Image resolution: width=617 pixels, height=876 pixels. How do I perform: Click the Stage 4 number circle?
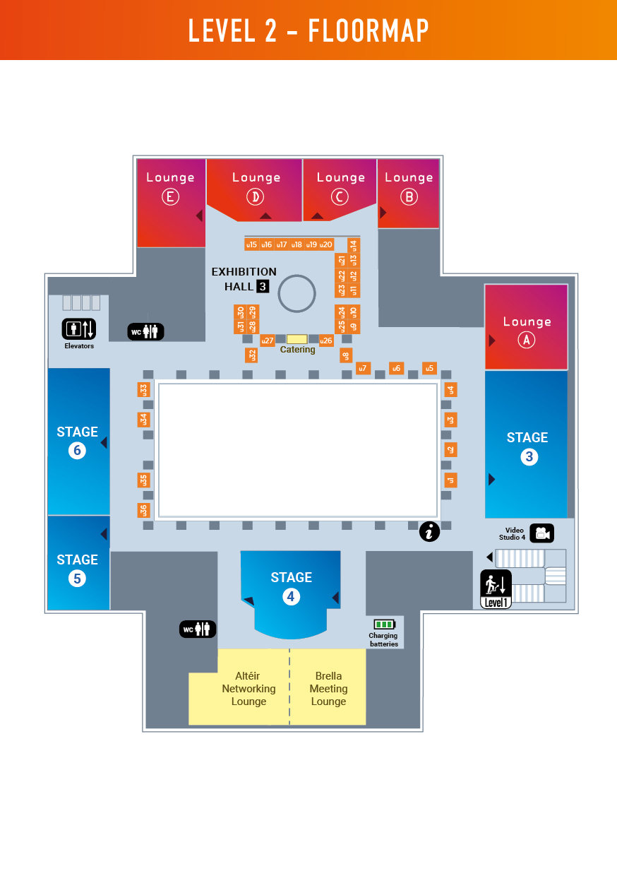(x=291, y=597)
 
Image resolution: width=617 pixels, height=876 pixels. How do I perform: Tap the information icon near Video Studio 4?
(x=429, y=531)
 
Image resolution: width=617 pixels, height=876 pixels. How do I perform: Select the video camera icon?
(x=541, y=533)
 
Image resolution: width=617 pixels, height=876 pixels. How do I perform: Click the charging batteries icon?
(x=384, y=625)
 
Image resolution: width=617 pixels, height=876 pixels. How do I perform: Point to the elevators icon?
(x=78, y=329)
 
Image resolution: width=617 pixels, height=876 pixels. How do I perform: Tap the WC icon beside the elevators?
(x=145, y=331)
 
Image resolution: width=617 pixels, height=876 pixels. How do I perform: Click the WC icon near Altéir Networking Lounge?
(x=197, y=629)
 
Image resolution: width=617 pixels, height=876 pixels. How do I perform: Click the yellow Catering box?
(x=296, y=339)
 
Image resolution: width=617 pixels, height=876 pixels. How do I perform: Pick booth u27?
(x=268, y=341)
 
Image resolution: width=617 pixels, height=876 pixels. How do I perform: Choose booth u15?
(x=251, y=244)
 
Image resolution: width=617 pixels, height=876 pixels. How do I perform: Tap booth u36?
(x=143, y=510)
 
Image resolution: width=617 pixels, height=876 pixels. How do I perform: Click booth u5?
(x=429, y=368)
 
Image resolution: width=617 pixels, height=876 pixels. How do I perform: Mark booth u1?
(x=450, y=480)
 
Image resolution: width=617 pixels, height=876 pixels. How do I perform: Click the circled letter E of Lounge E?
(x=170, y=197)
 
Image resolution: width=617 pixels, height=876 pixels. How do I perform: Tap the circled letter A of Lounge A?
(x=525, y=340)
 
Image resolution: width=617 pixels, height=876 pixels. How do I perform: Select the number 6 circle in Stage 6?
(x=77, y=450)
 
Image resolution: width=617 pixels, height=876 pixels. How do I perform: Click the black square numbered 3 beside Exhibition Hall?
(x=263, y=286)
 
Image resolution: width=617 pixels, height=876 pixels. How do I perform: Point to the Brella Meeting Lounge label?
(x=328, y=689)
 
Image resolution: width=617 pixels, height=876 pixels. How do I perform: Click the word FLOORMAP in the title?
(x=369, y=30)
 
